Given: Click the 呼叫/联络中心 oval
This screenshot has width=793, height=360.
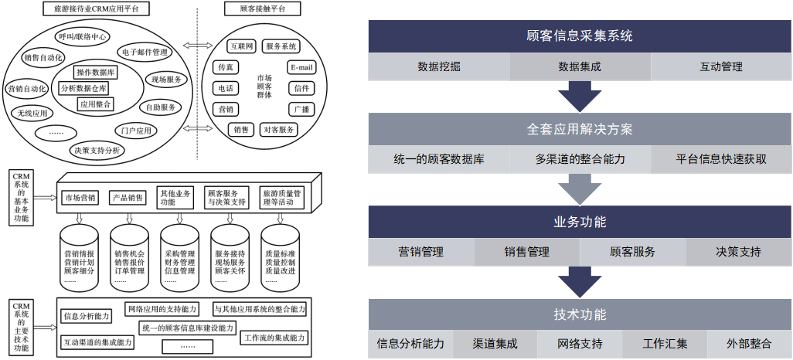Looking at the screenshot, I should tap(83, 36).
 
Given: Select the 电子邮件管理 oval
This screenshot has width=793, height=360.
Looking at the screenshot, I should tap(145, 53).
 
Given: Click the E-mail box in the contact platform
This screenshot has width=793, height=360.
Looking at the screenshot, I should tap(301, 67).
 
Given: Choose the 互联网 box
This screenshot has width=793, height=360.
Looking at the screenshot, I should tap(239, 46).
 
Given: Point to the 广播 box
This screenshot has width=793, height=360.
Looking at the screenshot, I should tap(301, 109).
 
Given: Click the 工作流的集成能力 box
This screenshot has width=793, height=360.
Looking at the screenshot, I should tap(275, 338).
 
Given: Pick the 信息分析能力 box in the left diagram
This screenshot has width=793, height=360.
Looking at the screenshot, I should tap(87, 315).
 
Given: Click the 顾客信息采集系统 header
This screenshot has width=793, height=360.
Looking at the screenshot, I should tap(580, 36).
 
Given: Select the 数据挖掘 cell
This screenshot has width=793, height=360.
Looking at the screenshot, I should tap(439, 66).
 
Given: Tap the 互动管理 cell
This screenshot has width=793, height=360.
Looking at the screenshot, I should tap(720, 66).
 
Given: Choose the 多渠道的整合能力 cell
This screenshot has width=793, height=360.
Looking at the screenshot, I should tap(580, 159).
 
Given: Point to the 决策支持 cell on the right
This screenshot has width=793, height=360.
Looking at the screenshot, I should tap(738, 251).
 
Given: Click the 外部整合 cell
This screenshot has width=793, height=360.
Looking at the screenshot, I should tap(749, 344).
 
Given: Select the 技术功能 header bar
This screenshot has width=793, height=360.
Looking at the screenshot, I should tap(580, 314).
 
